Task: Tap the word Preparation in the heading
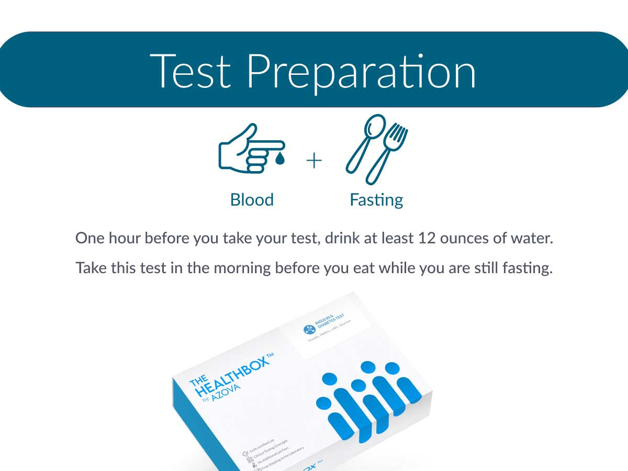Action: [x=361, y=72]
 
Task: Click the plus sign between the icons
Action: [x=313, y=161]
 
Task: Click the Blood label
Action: [x=252, y=200]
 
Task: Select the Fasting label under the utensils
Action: [x=376, y=200]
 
